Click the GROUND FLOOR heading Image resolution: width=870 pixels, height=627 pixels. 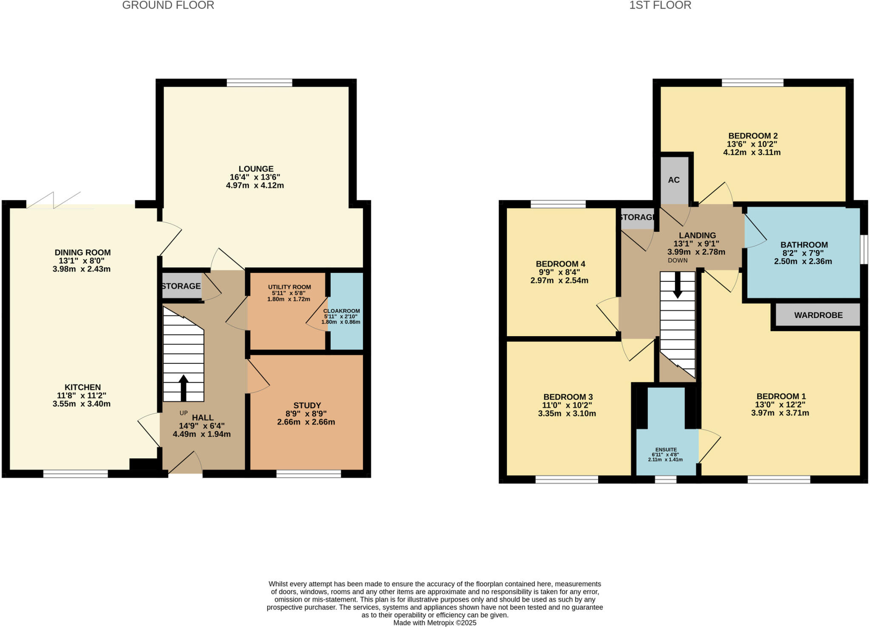168,5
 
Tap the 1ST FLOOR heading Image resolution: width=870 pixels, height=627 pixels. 660,5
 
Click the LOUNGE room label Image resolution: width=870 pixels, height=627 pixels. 256,169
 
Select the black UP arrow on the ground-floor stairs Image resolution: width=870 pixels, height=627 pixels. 184,387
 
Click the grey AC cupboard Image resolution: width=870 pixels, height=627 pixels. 674,180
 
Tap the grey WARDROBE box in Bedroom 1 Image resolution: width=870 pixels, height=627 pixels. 818,315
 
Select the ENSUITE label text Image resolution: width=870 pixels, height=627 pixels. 666,449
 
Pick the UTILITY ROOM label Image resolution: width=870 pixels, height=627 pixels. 289,287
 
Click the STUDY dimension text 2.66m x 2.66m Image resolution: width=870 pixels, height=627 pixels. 306,422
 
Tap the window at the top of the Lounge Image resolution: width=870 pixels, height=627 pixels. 259,82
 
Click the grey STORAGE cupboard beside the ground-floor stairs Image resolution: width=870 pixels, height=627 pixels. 181,286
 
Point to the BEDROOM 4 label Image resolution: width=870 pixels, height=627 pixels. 559,264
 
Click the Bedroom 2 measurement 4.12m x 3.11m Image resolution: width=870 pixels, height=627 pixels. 751,152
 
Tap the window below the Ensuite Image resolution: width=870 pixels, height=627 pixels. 665,479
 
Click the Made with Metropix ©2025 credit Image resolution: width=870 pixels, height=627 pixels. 435,623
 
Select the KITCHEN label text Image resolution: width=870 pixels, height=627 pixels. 82,387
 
